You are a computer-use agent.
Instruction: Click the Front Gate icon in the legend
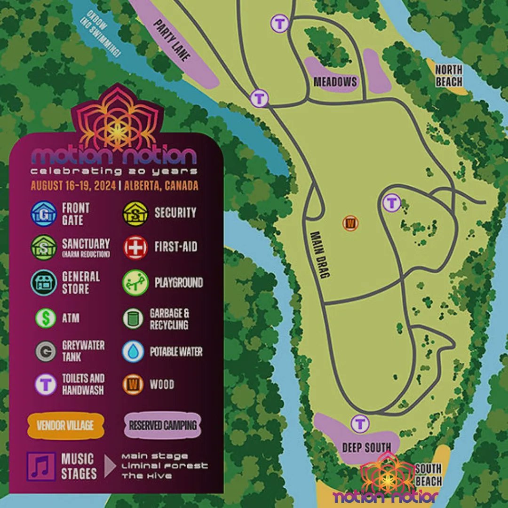coord(44,214)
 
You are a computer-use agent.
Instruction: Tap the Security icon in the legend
coord(136,214)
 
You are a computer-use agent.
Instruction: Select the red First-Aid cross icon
coord(136,247)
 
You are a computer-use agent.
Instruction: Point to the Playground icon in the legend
coord(135,283)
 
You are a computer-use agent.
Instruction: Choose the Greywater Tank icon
coord(46,351)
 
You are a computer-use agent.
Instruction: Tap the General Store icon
coord(44,282)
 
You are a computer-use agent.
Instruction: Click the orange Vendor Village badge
coord(65,426)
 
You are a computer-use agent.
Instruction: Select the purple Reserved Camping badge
coord(163,426)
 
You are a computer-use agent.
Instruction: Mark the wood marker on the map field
coord(350,223)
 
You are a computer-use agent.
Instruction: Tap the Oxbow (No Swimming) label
coord(101,35)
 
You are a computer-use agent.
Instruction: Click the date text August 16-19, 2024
coord(74,185)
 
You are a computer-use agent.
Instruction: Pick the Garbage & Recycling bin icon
coord(133,318)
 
